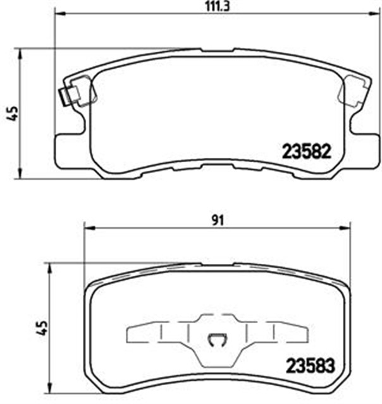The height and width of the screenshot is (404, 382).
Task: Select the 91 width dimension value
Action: (x=217, y=220)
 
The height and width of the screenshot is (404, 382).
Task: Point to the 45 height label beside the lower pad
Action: (x=41, y=328)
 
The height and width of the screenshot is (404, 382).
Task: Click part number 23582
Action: (x=305, y=151)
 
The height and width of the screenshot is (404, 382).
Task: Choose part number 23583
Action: (x=310, y=365)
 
